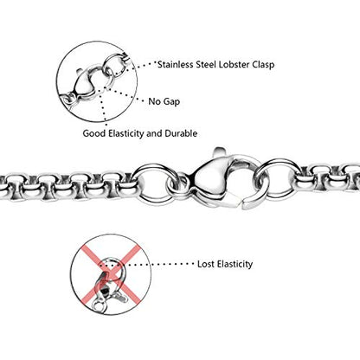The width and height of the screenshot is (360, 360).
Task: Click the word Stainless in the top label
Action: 175,64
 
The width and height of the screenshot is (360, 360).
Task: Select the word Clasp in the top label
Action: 263,64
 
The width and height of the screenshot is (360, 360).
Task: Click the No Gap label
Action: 164,101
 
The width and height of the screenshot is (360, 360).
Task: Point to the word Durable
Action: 181,133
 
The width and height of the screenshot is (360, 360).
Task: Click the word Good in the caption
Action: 94,133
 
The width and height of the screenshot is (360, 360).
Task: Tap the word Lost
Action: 206,264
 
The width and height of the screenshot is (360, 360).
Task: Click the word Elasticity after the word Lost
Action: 235,264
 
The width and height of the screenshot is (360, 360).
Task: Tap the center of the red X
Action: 110,273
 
